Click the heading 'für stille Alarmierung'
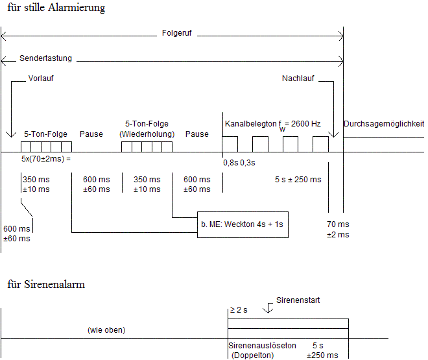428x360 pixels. [56, 8]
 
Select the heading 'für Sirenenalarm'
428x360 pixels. [46, 284]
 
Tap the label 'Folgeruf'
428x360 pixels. [177, 32]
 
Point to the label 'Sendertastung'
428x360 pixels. [45, 58]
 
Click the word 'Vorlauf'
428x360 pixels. [42, 78]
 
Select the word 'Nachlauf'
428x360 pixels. [298, 78]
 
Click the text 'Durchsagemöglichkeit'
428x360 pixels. [384, 123]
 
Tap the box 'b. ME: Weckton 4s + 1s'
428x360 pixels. [242, 224]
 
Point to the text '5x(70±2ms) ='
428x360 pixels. [45, 158]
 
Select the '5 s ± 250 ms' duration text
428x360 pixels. [298, 180]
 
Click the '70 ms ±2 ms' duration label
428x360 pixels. [338, 229]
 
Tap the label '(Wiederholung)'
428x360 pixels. [147, 134]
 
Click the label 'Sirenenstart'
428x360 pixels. [298, 300]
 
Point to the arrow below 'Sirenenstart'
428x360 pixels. [270, 309]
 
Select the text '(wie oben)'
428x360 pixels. [106, 330]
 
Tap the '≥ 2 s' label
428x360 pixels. [238, 309]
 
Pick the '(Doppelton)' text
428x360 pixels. [252, 355]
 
